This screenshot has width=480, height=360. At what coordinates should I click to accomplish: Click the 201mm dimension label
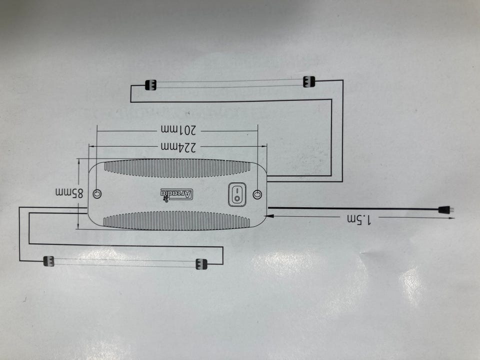point(178,130)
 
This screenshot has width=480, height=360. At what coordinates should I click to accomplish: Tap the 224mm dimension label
point(178,147)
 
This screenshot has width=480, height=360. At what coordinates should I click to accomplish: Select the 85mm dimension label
point(69,193)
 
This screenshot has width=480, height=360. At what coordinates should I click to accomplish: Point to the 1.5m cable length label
point(359,219)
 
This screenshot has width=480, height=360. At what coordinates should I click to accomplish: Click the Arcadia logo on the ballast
point(177,194)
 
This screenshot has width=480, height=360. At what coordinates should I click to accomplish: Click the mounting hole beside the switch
point(257,194)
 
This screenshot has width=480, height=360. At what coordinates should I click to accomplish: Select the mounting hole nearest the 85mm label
point(97,193)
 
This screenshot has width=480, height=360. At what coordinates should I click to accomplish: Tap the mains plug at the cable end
point(446,210)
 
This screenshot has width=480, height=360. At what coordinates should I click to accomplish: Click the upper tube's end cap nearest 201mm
point(150,85)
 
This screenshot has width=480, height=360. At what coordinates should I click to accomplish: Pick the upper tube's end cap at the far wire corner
point(309,81)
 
